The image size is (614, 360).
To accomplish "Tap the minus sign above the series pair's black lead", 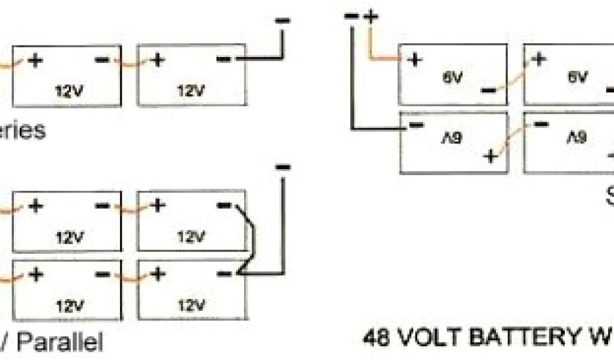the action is (x=282, y=20).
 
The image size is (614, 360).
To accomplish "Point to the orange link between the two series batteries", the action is (x=129, y=60).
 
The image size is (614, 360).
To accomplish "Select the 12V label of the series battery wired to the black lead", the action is (x=190, y=91).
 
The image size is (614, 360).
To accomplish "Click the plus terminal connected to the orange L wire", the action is (x=414, y=59).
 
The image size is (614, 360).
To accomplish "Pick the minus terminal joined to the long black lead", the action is (x=414, y=124).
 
